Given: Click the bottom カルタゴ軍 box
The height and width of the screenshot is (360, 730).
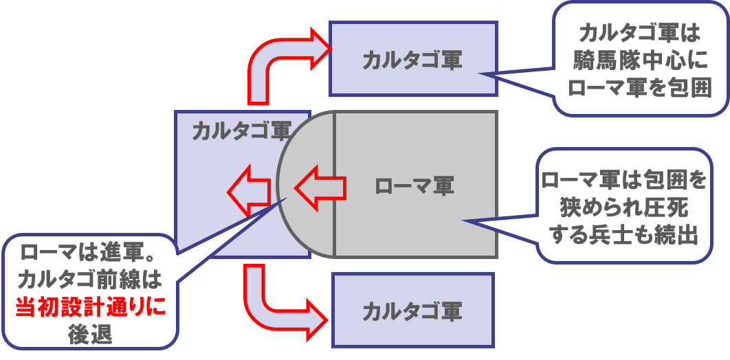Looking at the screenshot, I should click(x=412, y=311).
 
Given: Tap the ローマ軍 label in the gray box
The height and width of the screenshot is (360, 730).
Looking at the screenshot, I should click(x=414, y=186).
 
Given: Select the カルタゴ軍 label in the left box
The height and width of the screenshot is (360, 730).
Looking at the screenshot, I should click(x=241, y=131).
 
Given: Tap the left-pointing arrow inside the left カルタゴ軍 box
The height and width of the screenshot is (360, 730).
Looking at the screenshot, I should click(x=249, y=192).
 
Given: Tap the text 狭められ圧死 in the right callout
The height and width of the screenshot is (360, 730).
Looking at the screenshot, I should click(x=623, y=207).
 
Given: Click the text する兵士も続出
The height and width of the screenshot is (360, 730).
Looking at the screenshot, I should click(x=623, y=234).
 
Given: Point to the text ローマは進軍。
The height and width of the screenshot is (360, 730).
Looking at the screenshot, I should click(x=90, y=253).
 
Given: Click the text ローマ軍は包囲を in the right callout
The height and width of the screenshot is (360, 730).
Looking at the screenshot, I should click(x=623, y=181).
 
